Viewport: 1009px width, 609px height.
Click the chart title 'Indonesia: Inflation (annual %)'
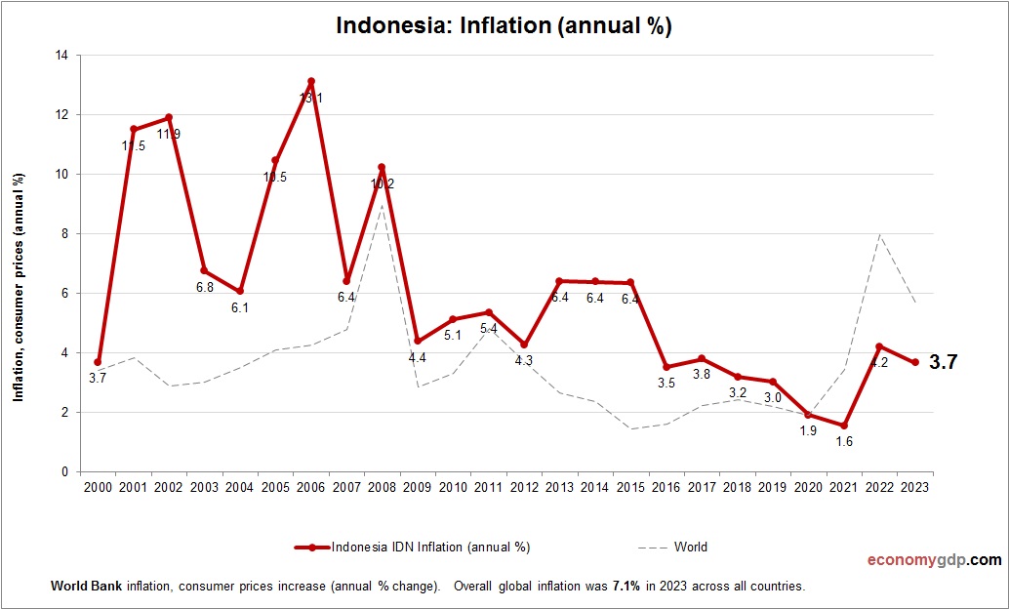[504, 25]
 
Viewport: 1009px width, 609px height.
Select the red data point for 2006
[311, 82]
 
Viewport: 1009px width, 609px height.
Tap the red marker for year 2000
[98, 362]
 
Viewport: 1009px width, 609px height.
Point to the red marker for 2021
[844, 425]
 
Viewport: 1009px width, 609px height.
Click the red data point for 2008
[383, 168]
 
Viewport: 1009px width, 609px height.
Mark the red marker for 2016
[666, 367]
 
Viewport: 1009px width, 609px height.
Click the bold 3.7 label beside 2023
[943, 362]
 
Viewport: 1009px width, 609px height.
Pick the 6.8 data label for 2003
[204, 287]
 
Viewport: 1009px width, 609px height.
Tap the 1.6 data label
[844, 442]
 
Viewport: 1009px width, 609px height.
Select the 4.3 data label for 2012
[524, 360]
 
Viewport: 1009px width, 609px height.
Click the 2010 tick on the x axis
[454, 487]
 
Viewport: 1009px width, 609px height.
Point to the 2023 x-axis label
[915, 487]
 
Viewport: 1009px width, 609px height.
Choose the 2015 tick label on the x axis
[631, 487]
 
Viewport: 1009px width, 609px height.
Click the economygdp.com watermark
[934, 560]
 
